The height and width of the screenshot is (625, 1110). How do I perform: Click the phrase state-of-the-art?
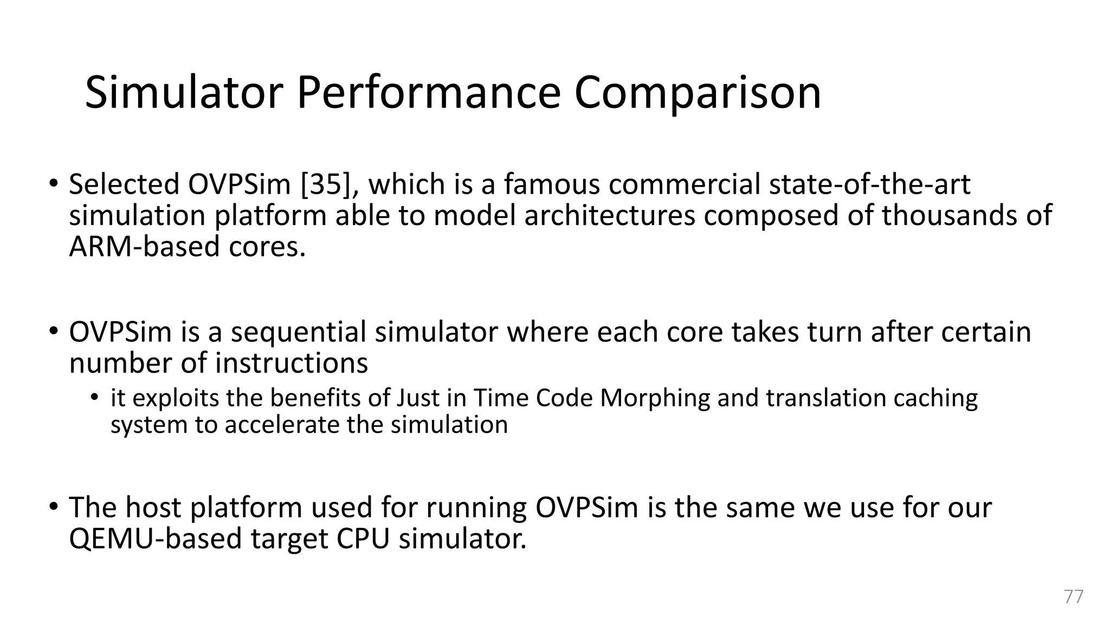coord(869,184)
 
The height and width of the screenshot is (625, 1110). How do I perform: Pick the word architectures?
coord(609,215)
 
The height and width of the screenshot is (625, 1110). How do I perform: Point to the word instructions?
coord(291,363)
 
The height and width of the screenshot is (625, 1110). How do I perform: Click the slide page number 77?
coord(1074,596)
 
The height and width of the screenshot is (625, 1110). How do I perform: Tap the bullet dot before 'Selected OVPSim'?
coord(53,183)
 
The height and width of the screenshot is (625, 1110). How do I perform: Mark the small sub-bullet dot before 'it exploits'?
coord(95,398)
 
